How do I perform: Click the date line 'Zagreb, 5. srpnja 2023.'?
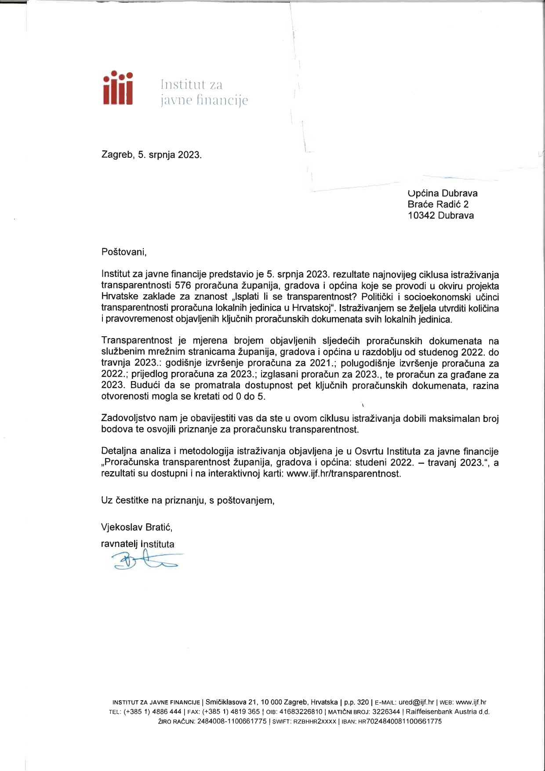click(x=151, y=155)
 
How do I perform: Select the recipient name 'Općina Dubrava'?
click(x=442, y=193)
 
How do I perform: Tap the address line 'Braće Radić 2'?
click(x=438, y=204)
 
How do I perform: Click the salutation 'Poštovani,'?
click(x=123, y=252)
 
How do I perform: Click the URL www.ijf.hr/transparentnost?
click(x=343, y=474)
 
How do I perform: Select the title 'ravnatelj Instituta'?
click(x=138, y=544)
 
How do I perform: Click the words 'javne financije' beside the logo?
click(x=203, y=101)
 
